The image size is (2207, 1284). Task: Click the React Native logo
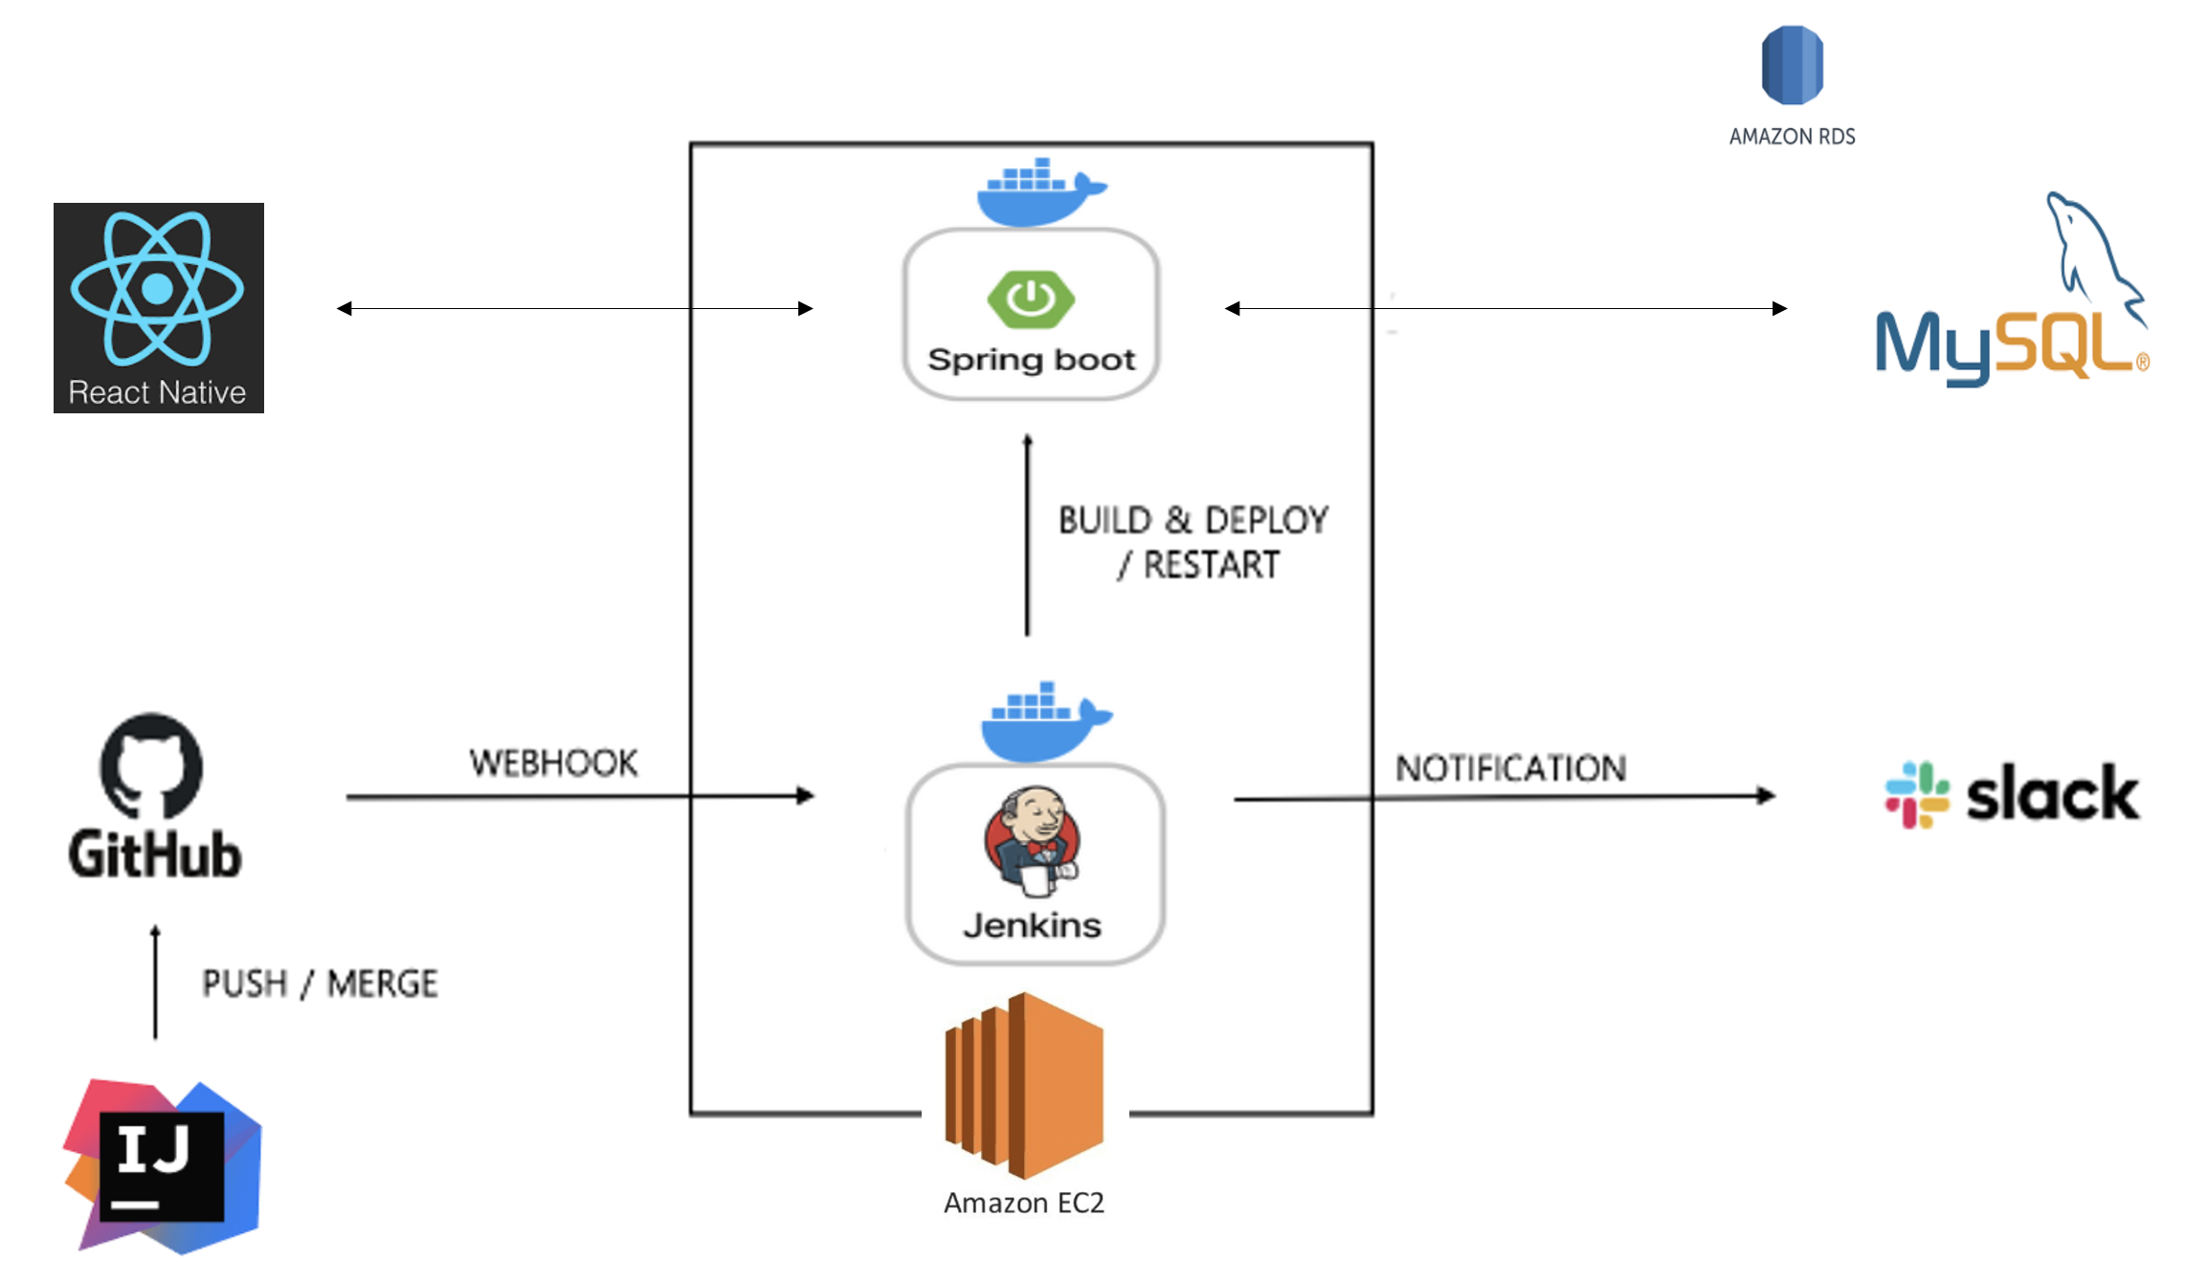[x=158, y=307]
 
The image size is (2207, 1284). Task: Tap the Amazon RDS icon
[x=1792, y=65]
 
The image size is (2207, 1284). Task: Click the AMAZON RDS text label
[x=1792, y=137]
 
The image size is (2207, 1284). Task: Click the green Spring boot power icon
[x=1031, y=299]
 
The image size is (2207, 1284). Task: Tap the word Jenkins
[x=1032, y=926]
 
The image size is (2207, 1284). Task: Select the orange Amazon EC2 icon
[x=1024, y=1086]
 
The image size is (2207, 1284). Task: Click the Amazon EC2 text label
[x=1024, y=1203]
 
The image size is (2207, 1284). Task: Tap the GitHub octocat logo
[x=151, y=765]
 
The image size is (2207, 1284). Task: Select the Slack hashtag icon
[x=1916, y=794]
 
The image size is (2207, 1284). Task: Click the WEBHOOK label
[x=553, y=764]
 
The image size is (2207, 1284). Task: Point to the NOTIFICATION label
[x=1510, y=768]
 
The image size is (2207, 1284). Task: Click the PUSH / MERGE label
[x=320, y=984]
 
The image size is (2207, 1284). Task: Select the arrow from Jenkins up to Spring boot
[x=1028, y=536]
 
